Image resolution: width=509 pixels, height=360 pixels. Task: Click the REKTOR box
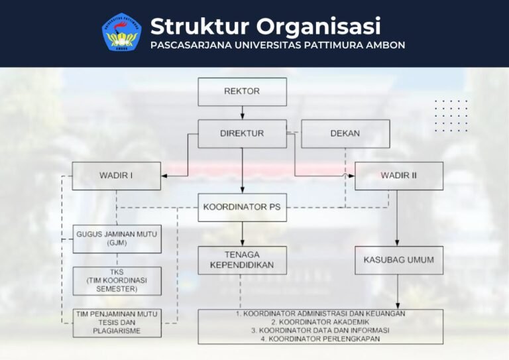tap(242, 92)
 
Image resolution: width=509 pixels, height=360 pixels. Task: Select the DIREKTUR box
tap(242, 134)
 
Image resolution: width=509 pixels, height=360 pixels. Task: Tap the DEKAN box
tap(345, 134)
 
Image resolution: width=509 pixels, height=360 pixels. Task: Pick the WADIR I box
tap(116, 176)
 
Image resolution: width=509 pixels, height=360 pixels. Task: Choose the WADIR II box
tap(399, 176)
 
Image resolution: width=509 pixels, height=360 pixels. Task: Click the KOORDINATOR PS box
tap(242, 208)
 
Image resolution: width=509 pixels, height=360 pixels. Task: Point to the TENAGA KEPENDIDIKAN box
tap(242, 261)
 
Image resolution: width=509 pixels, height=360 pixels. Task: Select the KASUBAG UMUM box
tap(399, 261)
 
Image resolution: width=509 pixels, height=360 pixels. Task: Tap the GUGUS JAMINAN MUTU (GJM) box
tap(117, 239)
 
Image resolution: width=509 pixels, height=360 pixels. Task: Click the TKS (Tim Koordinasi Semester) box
tap(117, 281)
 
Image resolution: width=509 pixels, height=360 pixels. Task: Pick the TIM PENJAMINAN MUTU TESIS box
tap(117, 323)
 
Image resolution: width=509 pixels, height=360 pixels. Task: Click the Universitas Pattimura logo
tap(122, 32)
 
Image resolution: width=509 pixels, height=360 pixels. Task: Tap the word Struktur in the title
tap(199, 26)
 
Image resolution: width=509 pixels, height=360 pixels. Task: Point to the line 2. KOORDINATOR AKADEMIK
tap(320, 322)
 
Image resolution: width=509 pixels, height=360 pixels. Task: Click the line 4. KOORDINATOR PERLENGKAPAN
tap(319, 339)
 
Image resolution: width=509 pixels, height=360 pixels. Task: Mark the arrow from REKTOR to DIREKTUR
tap(242, 113)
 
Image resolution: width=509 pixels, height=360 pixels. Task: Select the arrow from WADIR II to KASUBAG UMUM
tap(397, 218)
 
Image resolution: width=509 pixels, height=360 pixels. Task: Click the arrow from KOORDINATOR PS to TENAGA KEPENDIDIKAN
tap(242, 234)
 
